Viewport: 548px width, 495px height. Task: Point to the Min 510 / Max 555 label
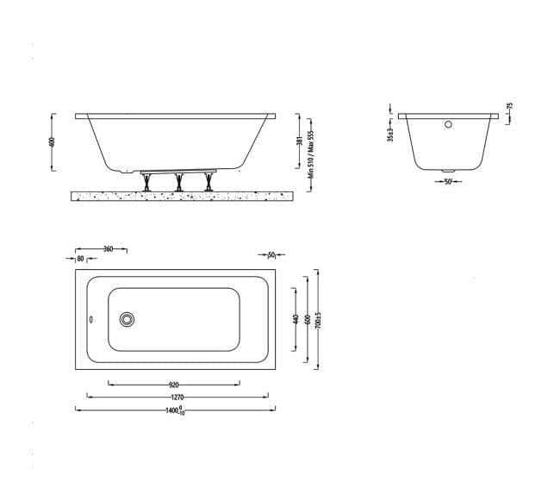click(x=309, y=154)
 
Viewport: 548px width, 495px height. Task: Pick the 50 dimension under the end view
click(x=448, y=182)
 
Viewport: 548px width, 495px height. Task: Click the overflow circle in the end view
click(x=447, y=124)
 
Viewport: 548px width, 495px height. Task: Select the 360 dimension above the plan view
click(x=108, y=249)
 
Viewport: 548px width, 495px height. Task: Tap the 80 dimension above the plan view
click(x=80, y=258)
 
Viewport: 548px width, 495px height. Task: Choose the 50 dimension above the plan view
click(x=271, y=255)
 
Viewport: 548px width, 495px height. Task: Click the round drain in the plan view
click(x=128, y=320)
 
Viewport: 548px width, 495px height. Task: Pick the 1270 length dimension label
click(x=177, y=398)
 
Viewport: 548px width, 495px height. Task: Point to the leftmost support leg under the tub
click(x=148, y=182)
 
